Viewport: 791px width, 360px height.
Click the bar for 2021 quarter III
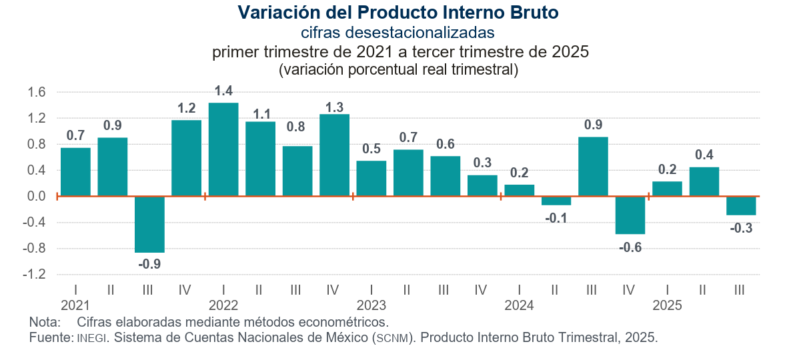click(x=149, y=225)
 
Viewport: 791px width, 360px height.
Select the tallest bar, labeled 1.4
click(x=223, y=149)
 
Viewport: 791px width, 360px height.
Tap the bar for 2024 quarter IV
click(x=630, y=215)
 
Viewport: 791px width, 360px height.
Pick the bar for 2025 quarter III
click(x=741, y=206)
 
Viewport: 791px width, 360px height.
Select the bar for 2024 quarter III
click(x=593, y=167)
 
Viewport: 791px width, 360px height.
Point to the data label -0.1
click(x=556, y=218)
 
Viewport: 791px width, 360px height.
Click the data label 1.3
click(x=334, y=107)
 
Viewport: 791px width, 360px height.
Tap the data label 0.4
click(x=704, y=155)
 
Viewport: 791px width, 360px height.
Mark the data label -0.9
click(x=149, y=264)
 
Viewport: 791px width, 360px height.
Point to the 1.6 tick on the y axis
click(x=37, y=93)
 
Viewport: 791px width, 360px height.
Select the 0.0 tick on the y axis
click(x=37, y=197)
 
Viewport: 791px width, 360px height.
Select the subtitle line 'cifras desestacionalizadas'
click(x=398, y=32)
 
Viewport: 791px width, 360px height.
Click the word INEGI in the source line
click(x=91, y=338)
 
